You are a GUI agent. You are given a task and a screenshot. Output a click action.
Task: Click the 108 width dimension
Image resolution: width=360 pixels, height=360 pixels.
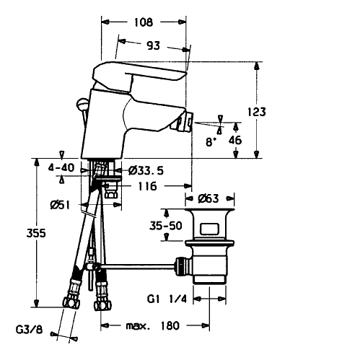coord(144,22)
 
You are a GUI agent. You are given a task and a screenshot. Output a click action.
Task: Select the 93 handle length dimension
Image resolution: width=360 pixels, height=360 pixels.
coord(153,45)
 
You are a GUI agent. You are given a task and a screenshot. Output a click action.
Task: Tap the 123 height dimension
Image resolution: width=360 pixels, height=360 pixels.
coord(257,112)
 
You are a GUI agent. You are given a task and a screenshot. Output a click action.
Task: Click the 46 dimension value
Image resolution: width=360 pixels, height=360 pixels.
coord(235,140)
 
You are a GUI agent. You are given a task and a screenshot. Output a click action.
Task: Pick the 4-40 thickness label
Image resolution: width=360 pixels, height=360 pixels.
coord(61,167)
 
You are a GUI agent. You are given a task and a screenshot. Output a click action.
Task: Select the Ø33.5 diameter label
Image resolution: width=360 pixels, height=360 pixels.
coord(146,171)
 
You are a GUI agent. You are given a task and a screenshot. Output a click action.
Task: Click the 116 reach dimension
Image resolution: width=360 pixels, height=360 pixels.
coord(147,186)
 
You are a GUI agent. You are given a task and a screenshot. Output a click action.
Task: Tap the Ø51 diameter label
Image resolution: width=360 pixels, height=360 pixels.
coord(60,205)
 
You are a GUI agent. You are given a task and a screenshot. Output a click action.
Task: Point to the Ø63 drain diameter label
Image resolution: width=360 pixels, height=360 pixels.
coord(208,198)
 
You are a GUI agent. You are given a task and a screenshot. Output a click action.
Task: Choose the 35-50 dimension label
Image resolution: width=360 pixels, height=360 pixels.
coord(166,226)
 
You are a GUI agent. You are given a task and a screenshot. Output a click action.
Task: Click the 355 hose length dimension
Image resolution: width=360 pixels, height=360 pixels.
coord(36,233)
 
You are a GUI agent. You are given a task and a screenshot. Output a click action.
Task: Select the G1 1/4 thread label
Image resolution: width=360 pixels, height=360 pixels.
coord(167,299)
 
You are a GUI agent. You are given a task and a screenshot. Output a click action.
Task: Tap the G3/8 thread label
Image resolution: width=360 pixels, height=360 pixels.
coord(29,330)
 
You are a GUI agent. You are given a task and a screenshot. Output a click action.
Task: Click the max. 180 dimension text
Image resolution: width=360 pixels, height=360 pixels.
coord(153,326)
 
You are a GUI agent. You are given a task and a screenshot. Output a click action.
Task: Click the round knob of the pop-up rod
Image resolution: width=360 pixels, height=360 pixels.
coord(82,105)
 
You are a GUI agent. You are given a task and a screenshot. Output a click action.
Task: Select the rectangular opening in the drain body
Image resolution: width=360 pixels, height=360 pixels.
coord(209,229)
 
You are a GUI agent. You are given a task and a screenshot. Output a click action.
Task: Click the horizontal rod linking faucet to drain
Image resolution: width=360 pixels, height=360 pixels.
coord(138,265)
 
